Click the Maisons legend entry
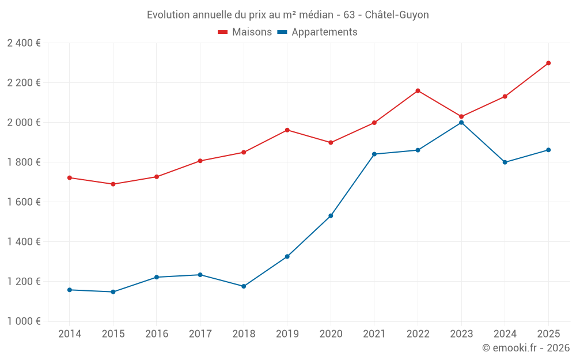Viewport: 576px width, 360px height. pos(245,32)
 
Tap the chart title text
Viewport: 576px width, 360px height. pos(287,14)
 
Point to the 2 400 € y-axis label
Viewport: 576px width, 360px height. pos(24,43)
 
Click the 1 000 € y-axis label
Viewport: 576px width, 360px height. pos(24,321)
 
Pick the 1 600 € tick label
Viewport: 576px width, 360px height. pos(24,202)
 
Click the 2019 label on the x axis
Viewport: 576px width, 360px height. pos(287,334)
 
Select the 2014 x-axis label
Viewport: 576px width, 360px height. pos(70,334)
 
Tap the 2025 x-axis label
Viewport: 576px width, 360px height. pos(548,334)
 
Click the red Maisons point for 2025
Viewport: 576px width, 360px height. pos(548,63)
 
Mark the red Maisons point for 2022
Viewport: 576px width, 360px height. pos(418,91)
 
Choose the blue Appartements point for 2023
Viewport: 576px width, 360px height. pos(461,123)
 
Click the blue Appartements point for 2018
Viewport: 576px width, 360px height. pos(244,286)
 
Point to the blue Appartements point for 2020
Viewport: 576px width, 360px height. pos(331,216)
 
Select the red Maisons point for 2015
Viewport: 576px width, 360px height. pos(113,184)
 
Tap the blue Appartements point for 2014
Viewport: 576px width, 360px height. pos(70,290)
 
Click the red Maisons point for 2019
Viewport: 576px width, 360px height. pos(287,130)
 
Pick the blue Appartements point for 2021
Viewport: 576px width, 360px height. pos(374,154)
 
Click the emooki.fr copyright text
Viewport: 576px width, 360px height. pos(525,348)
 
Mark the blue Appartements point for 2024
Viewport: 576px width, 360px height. pos(505,162)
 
